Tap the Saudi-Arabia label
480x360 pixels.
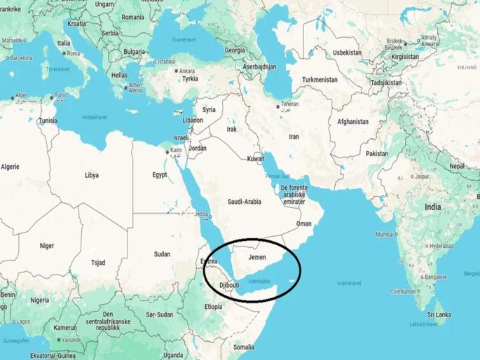click(x=245, y=202)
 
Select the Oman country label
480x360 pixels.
click(x=304, y=223)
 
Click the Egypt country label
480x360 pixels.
click(x=160, y=175)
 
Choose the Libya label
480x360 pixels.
click(x=92, y=175)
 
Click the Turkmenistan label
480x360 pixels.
click(x=320, y=81)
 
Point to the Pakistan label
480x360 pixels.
click(x=376, y=153)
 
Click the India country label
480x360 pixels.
click(x=432, y=207)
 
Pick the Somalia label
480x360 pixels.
click(x=244, y=347)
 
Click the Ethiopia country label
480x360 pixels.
click(x=213, y=307)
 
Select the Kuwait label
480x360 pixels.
click(x=256, y=160)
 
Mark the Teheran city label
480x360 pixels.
click(x=289, y=104)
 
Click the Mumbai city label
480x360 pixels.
click(x=385, y=234)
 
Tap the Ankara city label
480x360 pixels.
click(x=186, y=71)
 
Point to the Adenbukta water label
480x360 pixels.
click(x=259, y=282)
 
